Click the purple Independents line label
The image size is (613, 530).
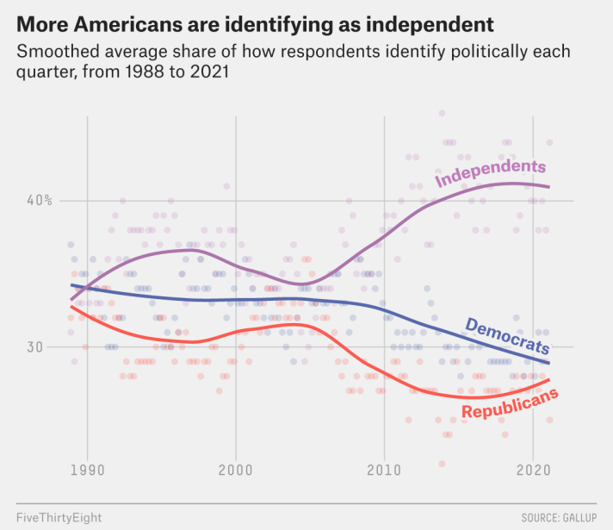[x=491, y=172]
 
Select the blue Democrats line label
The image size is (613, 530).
[x=506, y=337]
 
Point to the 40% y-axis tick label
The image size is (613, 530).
[x=38, y=201]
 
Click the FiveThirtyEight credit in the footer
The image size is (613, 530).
[x=59, y=518]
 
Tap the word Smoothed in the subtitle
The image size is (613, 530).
[x=56, y=51]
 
